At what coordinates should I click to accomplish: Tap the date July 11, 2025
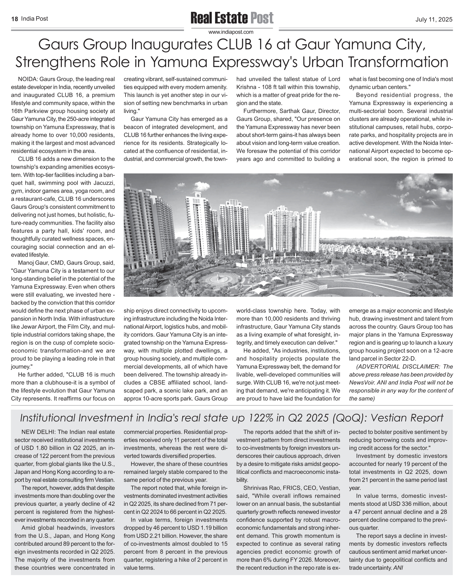[434, 20]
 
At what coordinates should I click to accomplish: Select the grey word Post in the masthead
[262, 18]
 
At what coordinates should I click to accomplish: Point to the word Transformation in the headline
[398, 62]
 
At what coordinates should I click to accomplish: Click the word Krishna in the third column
[246, 87]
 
